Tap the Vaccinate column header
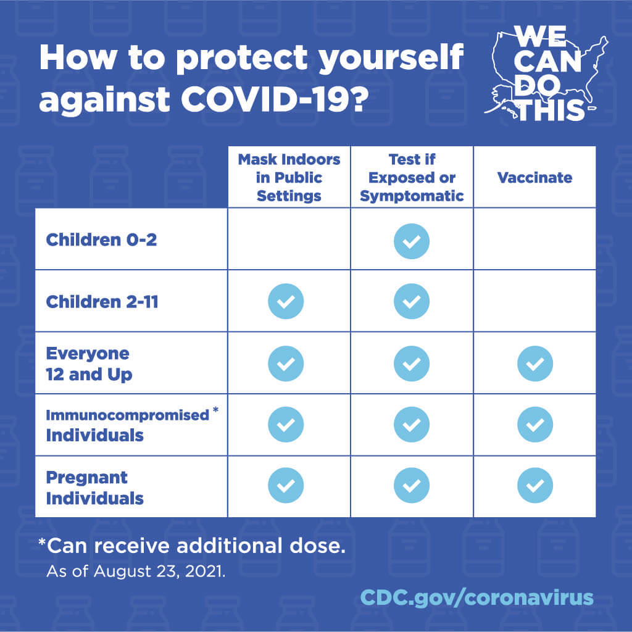coord(534,178)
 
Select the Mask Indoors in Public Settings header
coord(289,178)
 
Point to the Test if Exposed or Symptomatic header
coord(412,178)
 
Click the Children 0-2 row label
coord(101,239)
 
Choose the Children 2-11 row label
coord(102,302)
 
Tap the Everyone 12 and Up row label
coord(89,364)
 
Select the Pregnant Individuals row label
coord(94,488)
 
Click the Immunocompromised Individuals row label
coord(127,425)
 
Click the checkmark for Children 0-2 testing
coord(412,240)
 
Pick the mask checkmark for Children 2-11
coord(286,302)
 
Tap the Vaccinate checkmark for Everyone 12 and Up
coord(534,364)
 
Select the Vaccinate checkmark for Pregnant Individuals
coord(534,486)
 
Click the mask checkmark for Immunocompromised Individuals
coord(286,425)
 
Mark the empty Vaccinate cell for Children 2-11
coord(534,301)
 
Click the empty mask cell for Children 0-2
coord(289,239)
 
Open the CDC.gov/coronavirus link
coord(476,597)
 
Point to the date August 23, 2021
coord(159,571)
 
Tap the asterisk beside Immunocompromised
coord(215,410)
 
